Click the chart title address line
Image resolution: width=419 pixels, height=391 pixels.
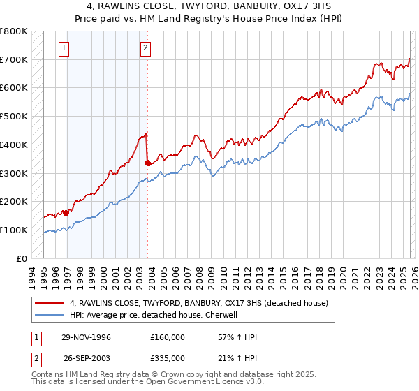tap(209, 6)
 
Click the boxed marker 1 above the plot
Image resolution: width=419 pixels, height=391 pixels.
tap(64, 48)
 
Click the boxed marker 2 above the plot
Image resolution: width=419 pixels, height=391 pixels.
tap(145, 48)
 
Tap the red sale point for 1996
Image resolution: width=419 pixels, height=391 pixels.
tap(66, 213)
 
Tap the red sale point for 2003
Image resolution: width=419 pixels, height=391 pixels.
tap(147, 163)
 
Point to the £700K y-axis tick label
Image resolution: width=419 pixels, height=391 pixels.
tap(14, 59)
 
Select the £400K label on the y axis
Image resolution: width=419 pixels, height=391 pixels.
tap(14, 145)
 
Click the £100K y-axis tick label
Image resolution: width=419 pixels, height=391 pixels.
tap(14, 230)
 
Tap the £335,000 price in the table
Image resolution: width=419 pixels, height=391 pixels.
tap(167, 357)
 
